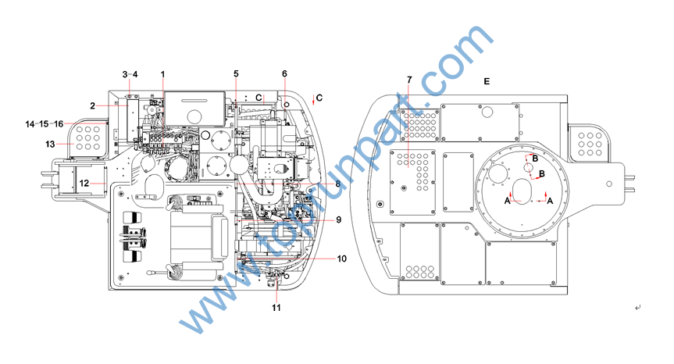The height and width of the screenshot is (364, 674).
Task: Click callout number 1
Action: pyautogui.click(x=163, y=74)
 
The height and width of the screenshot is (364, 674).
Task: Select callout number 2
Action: pyautogui.click(x=92, y=105)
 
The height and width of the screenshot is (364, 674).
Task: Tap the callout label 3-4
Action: pyautogui.click(x=130, y=74)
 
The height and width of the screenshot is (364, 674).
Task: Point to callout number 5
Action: pyautogui.click(x=236, y=74)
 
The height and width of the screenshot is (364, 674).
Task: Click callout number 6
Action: pyautogui.click(x=284, y=74)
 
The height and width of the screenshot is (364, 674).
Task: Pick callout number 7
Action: pyautogui.click(x=409, y=80)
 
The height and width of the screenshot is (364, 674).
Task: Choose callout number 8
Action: pyautogui.click(x=338, y=184)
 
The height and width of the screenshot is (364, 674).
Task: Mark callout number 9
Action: pyautogui.click(x=339, y=219)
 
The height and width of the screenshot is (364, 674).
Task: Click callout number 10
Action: pyautogui.click(x=341, y=259)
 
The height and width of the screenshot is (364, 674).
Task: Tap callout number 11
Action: pyautogui.click(x=276, y=308)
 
